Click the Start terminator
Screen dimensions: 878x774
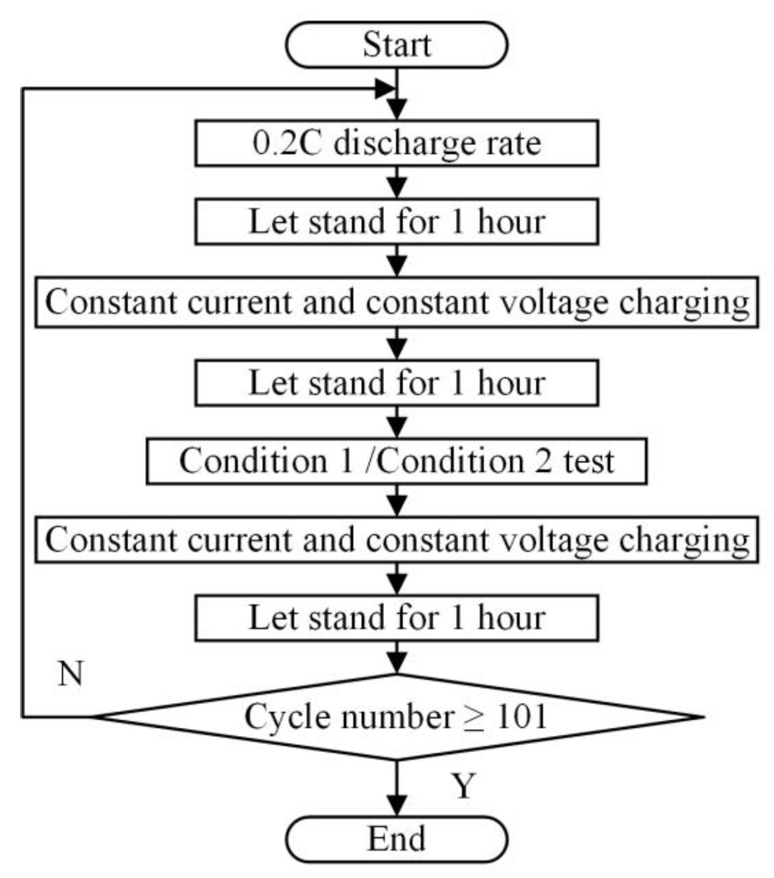tap(396, 45)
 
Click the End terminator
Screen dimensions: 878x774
tap(396, 839)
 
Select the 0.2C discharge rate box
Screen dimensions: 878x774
tap(396, 143)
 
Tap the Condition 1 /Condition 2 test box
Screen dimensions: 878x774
tap(396, 461)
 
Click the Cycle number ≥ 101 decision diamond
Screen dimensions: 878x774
tap(396, 717)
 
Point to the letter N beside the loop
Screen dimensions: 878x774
tap(70, 674)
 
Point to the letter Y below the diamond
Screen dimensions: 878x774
tap(464, 786)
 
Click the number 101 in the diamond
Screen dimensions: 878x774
tap(521, 716)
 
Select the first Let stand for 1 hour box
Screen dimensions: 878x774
tap(396, 222)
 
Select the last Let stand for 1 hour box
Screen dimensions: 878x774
tap(396, 618)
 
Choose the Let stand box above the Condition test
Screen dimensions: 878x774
tap(396, 383)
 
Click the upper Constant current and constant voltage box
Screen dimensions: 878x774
tap(396, 302)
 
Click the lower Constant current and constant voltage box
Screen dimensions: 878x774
tap(396, 540)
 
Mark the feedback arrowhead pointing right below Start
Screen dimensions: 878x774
tap(384, 88)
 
